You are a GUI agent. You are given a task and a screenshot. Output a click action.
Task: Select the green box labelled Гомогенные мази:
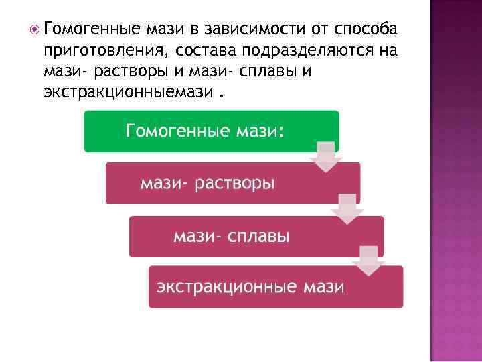[x=211, y=131]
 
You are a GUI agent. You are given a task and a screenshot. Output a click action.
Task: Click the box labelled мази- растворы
[x=232, y=183]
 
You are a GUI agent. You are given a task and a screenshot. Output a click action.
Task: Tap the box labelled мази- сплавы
[x=256, y=236]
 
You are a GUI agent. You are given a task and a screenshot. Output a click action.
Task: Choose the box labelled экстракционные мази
[x=275, y=287]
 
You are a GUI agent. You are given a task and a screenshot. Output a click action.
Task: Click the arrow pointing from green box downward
[x=326, y=158]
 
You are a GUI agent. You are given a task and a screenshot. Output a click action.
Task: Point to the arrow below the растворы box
[x=347, y=209]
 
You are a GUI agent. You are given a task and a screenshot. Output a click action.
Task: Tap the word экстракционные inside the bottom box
[x=227, y=288]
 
